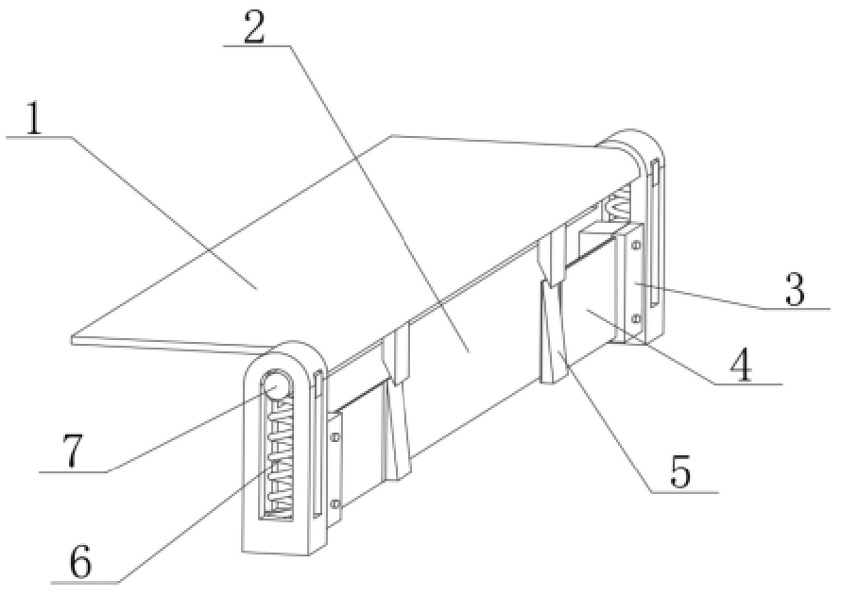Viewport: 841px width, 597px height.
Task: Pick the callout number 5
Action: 680,471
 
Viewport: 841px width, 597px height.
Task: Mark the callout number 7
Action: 71,452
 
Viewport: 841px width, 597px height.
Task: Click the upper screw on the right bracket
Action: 636,246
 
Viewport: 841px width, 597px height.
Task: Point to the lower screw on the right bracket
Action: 636,319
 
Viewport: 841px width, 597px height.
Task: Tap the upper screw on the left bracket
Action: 335,437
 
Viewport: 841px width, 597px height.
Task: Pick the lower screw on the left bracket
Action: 335,503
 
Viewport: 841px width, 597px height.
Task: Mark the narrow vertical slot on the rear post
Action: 654,232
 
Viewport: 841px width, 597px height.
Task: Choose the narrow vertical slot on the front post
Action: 318,444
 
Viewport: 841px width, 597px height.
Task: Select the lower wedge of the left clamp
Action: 396,430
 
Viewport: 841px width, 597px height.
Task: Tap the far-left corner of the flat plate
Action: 72,339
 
